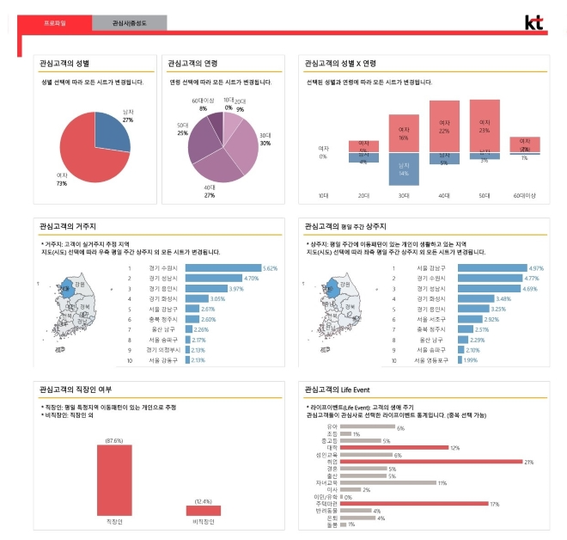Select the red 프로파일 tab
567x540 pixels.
click(x=54, y=23)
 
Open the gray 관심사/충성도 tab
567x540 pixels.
click(x=129, y=23)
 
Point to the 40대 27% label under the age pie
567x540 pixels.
click(x=209, y=191)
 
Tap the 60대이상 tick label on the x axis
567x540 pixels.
click(x=524, y=196)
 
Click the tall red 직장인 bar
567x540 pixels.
click(x=114, y=468)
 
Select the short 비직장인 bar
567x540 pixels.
click(x=203, y=510)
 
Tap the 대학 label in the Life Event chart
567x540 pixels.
click(x=332, y=448)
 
